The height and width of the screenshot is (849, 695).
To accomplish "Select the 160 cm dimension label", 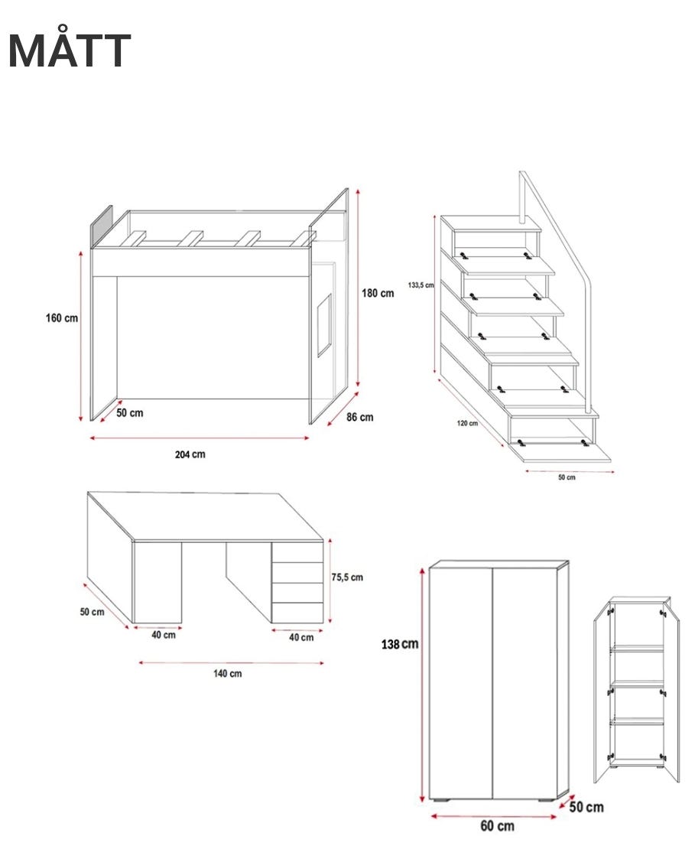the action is point(62,318).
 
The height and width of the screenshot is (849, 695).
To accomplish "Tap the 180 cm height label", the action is point(378,293).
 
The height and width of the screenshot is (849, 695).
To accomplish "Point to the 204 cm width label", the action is point(190,454).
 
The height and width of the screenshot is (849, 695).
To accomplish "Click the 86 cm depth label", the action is point(360,417).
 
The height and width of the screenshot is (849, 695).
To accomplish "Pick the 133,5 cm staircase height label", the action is point(421,285).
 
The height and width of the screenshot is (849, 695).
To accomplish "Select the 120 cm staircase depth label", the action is point(467,423).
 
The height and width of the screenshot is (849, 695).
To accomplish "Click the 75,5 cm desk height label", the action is point(347,577).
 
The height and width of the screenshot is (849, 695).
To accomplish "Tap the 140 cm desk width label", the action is point(227,674).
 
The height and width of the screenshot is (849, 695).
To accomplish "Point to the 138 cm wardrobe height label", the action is point(400,644).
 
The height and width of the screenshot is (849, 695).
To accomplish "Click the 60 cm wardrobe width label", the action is point(498,826).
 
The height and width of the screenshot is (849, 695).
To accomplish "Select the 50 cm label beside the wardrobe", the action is point(586,807).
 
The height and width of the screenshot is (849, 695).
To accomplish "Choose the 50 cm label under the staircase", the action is point(567,477).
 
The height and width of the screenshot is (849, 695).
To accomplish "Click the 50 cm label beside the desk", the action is point(92,612).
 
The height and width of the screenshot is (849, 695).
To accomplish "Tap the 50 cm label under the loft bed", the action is point(130,412).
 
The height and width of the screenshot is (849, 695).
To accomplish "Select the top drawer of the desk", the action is point(297,552).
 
